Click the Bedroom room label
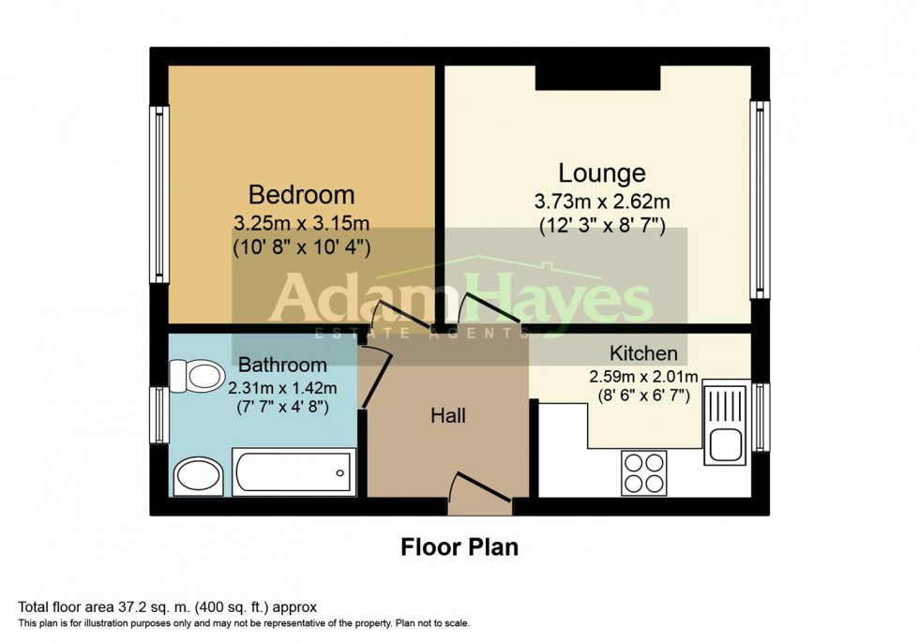tap(301, 194)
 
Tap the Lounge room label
tap(602, 172)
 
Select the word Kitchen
tap(643, 353)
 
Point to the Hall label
tap(448, 416)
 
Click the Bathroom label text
tap(282, 365)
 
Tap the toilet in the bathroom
tap(198, 375)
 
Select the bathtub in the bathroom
tap(294, 472)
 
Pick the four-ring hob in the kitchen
tap(643, 473)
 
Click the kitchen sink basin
tap(727, 445)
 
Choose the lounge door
tap(490, 308)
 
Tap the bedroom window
tap(159, 194)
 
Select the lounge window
tap(761, 199)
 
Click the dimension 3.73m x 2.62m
tap(602, 202)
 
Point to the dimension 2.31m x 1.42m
tap(282, 388)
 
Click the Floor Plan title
tap(459, 547)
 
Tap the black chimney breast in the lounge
tap(598, 77)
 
